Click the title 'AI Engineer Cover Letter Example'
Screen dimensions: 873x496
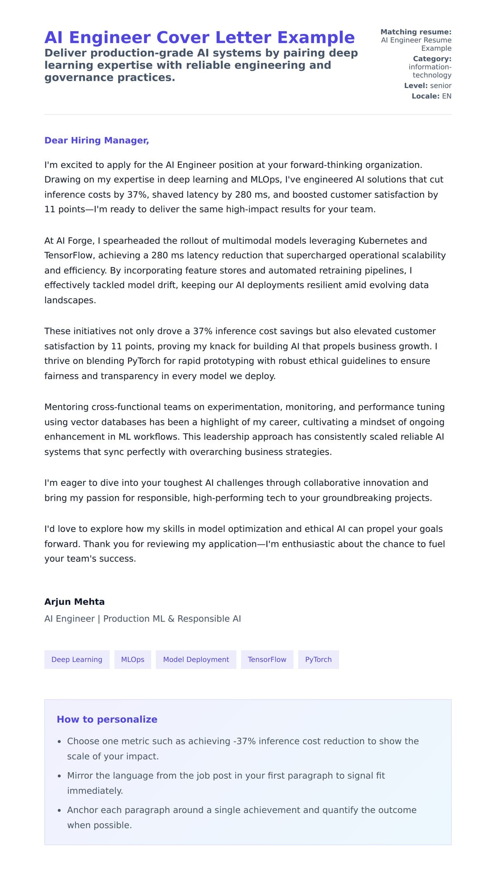[199, 38]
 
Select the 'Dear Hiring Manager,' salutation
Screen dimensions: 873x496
[97, 140]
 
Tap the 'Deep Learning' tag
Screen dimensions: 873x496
[77, 659]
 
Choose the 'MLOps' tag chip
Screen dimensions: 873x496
[133, 659]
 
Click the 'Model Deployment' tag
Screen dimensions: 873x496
[196, 659]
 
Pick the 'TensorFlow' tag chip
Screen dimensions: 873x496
[267, 659]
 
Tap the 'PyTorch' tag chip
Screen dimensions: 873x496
[318, 659]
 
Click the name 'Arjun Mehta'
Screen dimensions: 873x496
[74, 602]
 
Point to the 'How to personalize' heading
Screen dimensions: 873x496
[107, 719]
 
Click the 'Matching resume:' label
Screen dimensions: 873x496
[416, 32]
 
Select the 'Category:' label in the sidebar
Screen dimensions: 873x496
[432, 59]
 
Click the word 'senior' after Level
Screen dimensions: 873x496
[441, 86]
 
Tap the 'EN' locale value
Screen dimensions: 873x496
[446, 96]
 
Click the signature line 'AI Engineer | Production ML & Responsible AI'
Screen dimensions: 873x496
[143, 618]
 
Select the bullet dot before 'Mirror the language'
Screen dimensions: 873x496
[60, 776]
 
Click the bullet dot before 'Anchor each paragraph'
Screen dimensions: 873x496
[60, 811]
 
